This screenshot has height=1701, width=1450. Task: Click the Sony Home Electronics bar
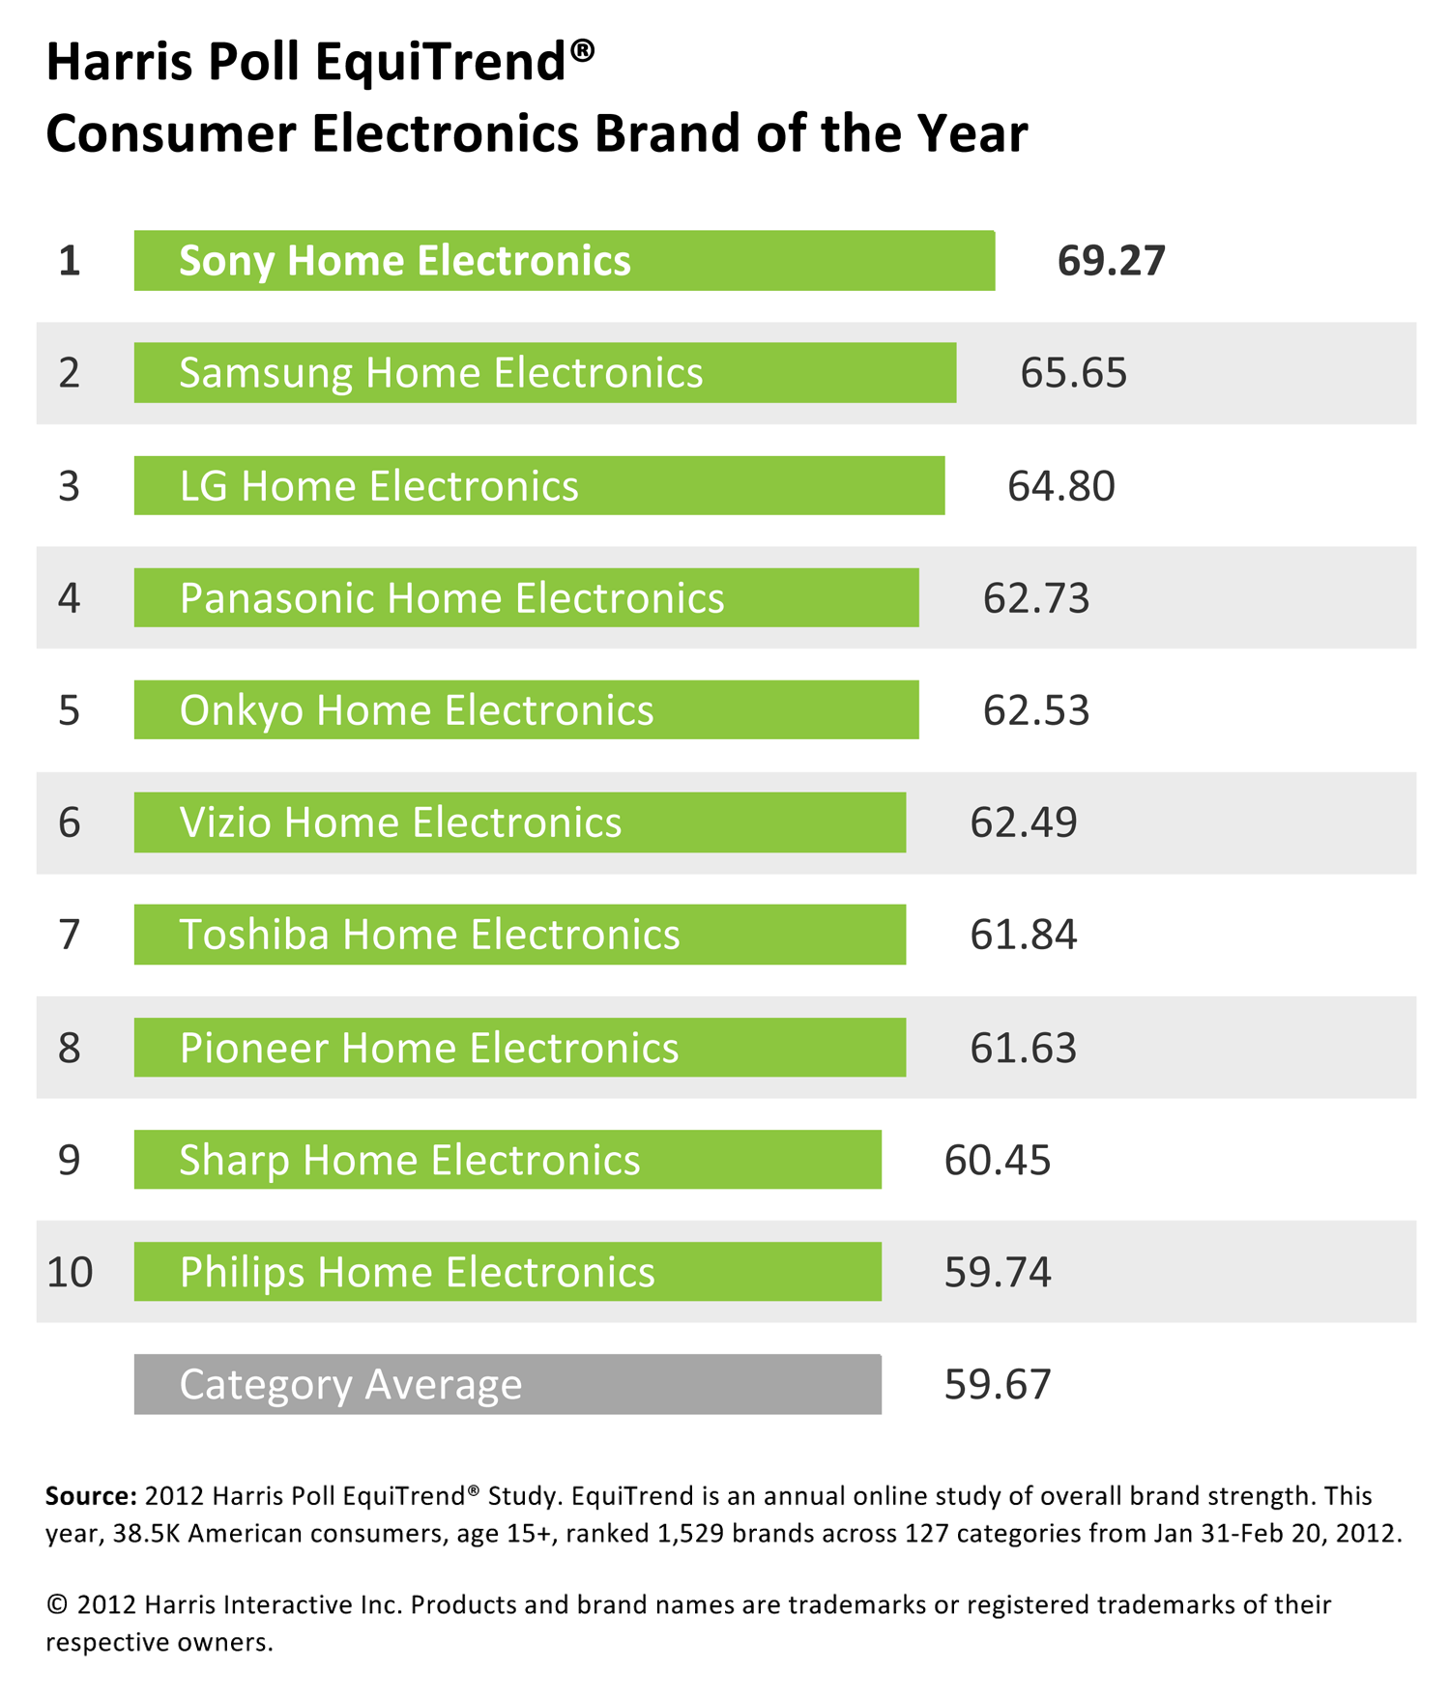(x=564, y=261)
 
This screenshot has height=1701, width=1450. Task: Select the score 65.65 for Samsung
(x=1073, y=373)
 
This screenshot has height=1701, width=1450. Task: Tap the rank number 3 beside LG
(x=69, y=486)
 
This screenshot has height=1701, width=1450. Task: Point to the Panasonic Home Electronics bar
(x=526, y=598)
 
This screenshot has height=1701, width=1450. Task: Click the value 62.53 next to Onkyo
(x=1036, y=710)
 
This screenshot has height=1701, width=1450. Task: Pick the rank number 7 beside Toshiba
(x=69, y=936)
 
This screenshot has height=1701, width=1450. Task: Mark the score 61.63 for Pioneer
(x=1023, y=1048)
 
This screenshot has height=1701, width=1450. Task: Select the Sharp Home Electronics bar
(x=507, y=1160)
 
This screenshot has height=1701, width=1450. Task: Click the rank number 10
(x=70, y=1272)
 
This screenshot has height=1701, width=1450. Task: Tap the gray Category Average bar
(x=507, y=1384)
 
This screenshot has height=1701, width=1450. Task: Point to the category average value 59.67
(x=997, y=1384)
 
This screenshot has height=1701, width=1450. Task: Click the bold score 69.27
(x=1111, y=261)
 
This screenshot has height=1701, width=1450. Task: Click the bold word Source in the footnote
(x=91, y=1496)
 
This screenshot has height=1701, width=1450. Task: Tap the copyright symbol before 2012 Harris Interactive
(x=57, y=1605)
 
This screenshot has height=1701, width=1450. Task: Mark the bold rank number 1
(x=69, y=261)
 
